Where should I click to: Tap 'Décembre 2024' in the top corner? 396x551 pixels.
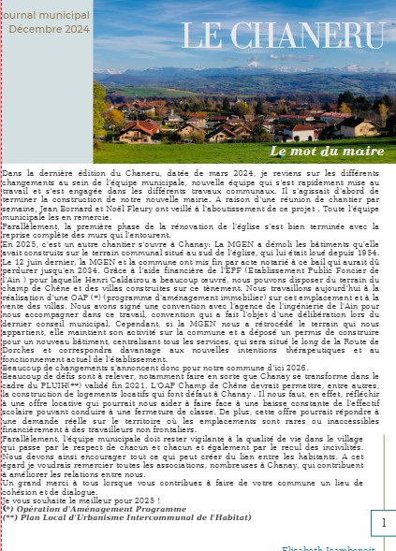49,29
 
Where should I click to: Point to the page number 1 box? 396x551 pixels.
382,521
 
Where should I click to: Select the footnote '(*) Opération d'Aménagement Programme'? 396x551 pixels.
68,509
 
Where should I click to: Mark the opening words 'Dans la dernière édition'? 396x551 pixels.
47,173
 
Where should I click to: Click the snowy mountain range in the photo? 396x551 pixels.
262,68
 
